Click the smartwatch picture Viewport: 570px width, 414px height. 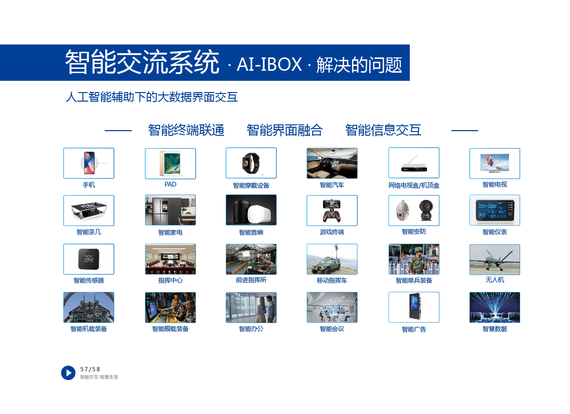pos(251,163)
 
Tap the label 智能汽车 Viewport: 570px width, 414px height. pos(332,185)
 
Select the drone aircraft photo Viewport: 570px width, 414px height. pos(494,259)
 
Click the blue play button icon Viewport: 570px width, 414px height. pos(68,373)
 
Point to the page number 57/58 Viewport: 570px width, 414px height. pos(90,369)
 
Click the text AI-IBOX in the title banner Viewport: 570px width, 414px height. pos(269,65)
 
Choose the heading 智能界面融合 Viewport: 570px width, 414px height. pos(285,130)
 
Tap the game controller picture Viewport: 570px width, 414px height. pos(332,210)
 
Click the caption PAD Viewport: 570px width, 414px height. pos(170,184)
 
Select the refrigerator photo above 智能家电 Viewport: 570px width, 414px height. pos(170,210)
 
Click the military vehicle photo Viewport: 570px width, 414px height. pos(332,259)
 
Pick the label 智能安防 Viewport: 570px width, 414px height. pos(414,232)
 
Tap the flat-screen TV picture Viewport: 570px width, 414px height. pos(494,163)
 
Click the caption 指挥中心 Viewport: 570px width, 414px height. pos(170,281)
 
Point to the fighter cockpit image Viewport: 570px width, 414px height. pos(88,308)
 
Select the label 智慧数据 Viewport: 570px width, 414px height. pos(494,329)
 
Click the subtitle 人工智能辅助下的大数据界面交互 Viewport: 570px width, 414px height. pos(152,97)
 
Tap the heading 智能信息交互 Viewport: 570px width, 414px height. pos(383,130)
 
